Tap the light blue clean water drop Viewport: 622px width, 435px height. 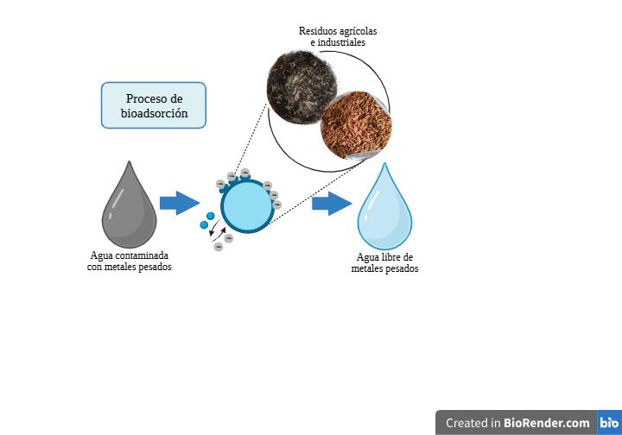coord(385,211)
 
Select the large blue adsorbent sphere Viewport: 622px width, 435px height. coord(247,206)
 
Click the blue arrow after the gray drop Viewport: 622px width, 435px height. coord(180,204)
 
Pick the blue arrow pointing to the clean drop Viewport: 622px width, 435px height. coord(332,204)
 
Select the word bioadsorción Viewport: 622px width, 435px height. coord(154,113)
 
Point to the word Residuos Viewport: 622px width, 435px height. coord(319,31)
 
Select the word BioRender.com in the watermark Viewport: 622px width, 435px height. coord(547,423)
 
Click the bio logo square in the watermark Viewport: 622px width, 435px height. coord(608,423)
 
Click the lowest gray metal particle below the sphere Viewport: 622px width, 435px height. coord(219,248)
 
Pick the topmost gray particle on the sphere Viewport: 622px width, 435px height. coord(245,173)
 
